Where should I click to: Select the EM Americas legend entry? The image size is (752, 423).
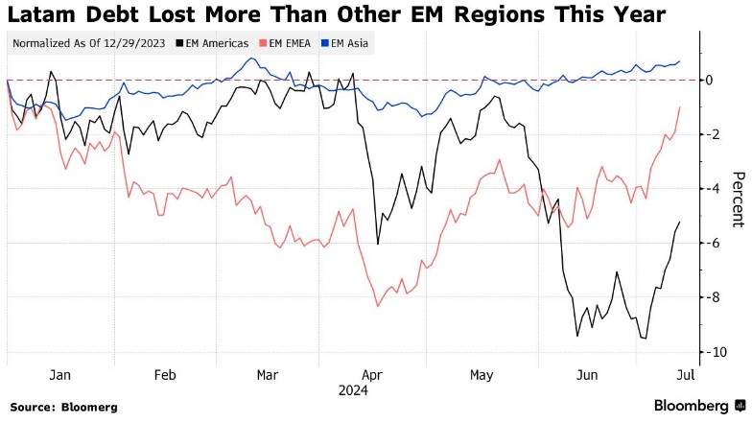coord(217,43)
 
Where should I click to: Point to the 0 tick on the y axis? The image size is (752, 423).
coord(710,80)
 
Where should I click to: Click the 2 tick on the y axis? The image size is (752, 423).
coord(710,134)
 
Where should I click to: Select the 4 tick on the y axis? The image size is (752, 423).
coord(710,189)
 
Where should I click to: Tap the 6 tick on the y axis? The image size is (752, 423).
coord(710,244)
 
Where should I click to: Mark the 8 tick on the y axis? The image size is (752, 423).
coord(710,298)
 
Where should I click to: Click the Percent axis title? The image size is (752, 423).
coord(738,200)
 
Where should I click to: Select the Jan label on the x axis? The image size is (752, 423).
coord(60,374)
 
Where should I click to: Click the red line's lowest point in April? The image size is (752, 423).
coord(378,306)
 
